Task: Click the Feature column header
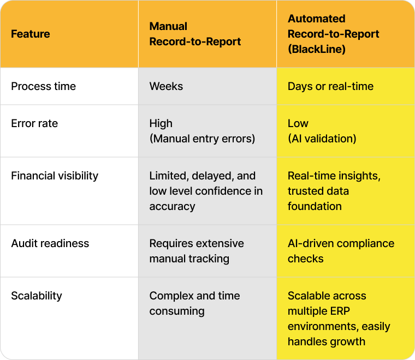tap(31, 34)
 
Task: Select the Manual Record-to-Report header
tap(195, 34)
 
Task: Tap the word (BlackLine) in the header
tap(317, 49)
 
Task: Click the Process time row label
tap(43, 86)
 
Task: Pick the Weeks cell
tap(166, 86)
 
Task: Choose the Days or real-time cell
tap(330, 86)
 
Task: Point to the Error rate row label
tap(34, 123)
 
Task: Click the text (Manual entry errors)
tap(202, 139)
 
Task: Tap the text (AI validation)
tap(322, 139)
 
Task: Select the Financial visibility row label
tap(55, 176)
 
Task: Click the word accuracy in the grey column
tap(173, 207)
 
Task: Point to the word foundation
tap(315, 206)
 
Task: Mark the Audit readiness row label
tap(50, 243)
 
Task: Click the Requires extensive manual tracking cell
tap(197, 251)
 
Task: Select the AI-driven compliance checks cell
tap(341, 251)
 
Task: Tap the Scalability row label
tap(37, 296)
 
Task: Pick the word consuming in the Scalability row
tap(177, 311)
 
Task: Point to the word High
tap(161, 123)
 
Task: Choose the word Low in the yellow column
tap(298, 123)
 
